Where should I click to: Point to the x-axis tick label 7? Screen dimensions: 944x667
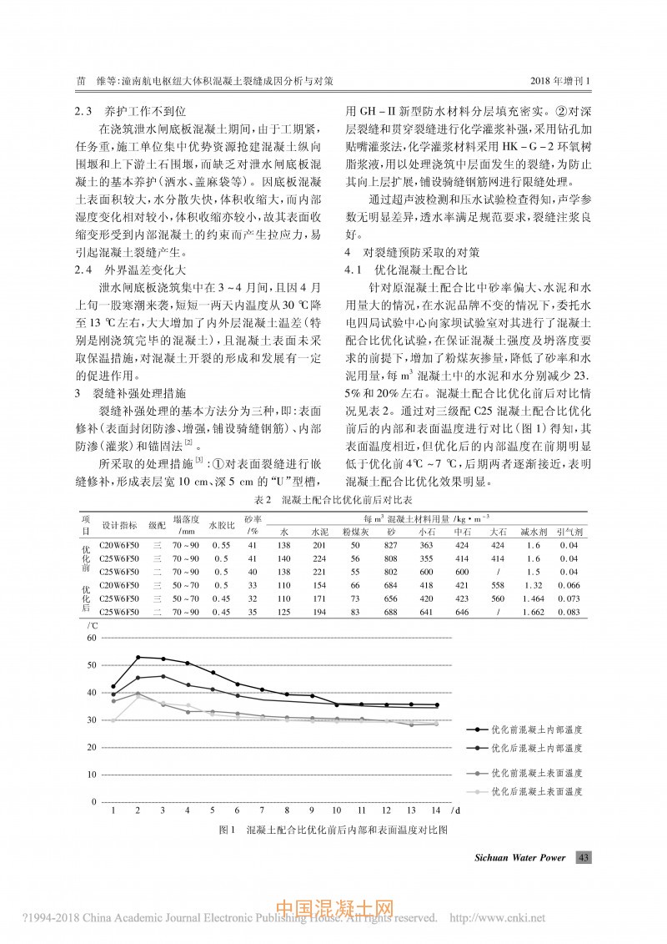pyautogui.click(x=262, y=810)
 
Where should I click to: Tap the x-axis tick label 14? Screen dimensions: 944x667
pyautogui.click(x=435, y=810)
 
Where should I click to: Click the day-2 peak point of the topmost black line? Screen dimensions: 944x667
pyautogui.click(x=138, y=658)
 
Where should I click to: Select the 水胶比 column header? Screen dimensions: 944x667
pyautogui.click(x=221, y=525)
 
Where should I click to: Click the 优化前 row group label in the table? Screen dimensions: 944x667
pyautogui.click(x=86, y=557)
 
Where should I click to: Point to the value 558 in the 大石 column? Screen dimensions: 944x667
pyautogui.click(x=498, y=585)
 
